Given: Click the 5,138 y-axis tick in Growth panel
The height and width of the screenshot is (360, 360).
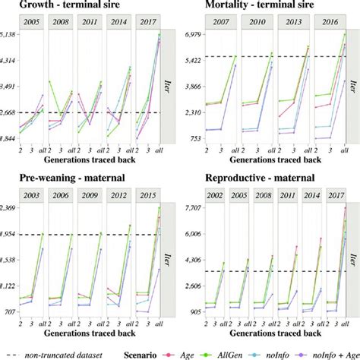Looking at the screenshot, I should (9, 35).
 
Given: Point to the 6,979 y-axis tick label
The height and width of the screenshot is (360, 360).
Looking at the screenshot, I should (196, 35).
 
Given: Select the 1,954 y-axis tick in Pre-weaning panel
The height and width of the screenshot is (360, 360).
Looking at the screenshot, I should (9, 234).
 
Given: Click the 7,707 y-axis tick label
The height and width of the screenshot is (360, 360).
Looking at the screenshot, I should (196, 207).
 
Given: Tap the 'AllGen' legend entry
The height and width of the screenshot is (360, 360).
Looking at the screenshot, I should (237, 353).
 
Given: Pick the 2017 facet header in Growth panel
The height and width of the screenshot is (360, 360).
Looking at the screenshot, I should (147, 24).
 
